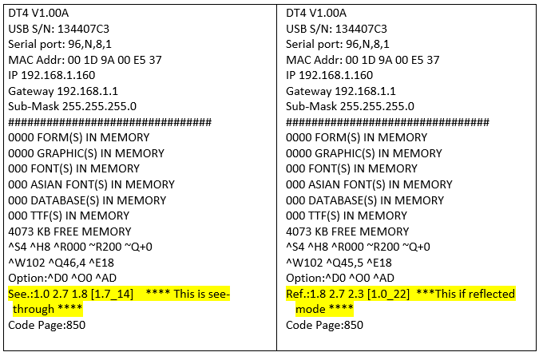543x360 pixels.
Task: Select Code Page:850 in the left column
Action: coord(46,325)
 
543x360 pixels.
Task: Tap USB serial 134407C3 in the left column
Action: coord(82,29)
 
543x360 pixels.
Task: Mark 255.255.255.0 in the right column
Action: coord(377,106)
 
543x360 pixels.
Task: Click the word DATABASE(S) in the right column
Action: coord(347,200)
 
